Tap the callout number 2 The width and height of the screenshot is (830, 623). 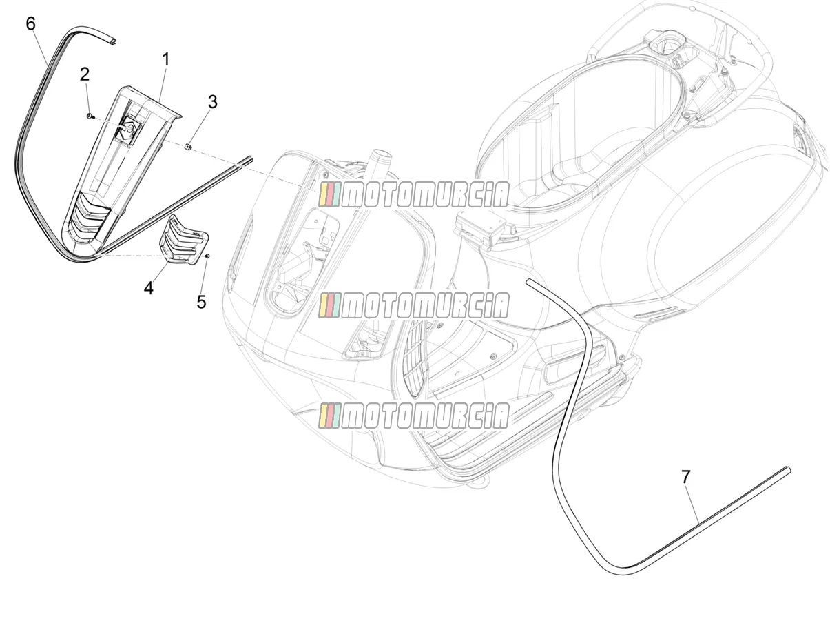pyautogui.click(x=84, y=74)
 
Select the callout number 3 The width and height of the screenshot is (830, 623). pyautogui.click(x=212, y=102)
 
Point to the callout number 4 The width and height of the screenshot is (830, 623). pyautogui.click(x=149, y=288)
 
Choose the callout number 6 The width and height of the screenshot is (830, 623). pyautogui.click(x=30, y=24)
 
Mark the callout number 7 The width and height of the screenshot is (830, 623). pyautogui.click(x=685, y=477)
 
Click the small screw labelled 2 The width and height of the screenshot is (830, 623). pyautogui.click(x=90, y=116)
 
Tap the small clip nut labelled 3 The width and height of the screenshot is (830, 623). pyautogui.click(x=188, y=146)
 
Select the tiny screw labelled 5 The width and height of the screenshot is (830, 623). pyautogui.click(x=207, y=256)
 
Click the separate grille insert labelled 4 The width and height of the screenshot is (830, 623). pyautogui.click(x=184, y=239)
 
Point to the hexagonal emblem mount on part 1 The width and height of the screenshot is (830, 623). pyautogui.click(x=129, y=130)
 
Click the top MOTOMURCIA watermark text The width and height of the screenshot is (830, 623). pyautogui.click(x=414, y=194)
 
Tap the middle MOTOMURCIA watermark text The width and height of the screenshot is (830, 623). pyautogui.click(x=414, y=305)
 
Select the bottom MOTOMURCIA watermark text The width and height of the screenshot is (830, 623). pyautogui.click(x=414, y=416)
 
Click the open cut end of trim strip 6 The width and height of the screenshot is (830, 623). pyautogui.click(x=113, y=41)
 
